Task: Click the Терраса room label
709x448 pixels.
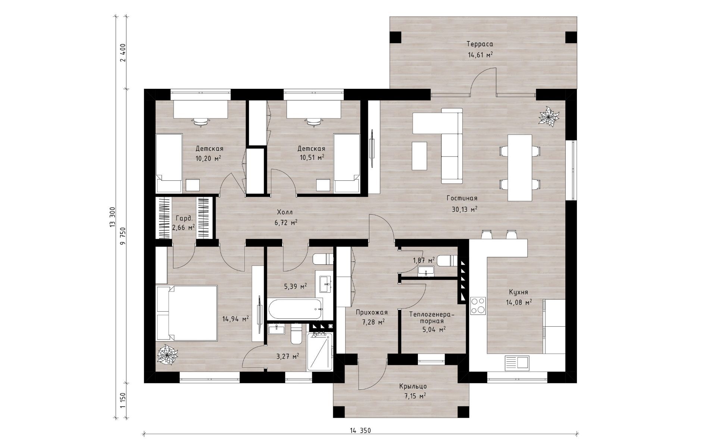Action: pos(480,44)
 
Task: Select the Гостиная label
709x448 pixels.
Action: pos(462,198)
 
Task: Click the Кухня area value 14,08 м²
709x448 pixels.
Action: pos(519,302)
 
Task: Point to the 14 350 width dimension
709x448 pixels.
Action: pos(360,431)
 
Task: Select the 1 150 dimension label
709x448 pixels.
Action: pos(123,401)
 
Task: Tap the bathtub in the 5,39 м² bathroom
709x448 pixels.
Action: pos(294,309)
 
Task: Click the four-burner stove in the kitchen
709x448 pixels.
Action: pos(478,305)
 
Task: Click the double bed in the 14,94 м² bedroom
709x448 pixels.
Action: pos(187,313)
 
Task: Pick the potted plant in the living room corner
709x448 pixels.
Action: pos(549,116)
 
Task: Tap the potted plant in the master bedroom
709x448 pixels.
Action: pos(167,354)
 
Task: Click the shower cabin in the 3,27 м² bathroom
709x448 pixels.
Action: pos(319,352)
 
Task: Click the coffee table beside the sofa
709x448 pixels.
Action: pos(419,156)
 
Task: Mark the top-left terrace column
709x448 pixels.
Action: pos(396,37)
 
